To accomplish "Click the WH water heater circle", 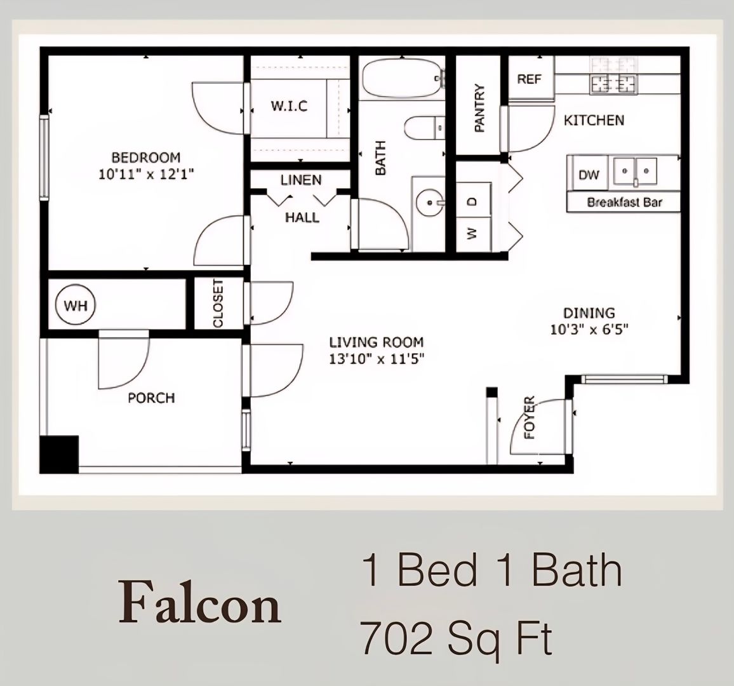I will (76, 306).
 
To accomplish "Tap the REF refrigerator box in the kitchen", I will (529, 79).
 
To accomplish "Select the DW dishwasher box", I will (588, 175).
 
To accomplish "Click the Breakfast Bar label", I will (624, 203).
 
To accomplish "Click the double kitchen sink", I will (636, 171).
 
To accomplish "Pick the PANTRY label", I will (479, 108).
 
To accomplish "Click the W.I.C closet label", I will (289, 106).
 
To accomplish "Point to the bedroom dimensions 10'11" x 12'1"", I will (146, 175).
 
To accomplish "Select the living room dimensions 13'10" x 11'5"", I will (376, 359).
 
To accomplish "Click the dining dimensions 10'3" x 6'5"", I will (590, 329).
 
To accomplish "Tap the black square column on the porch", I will (59, 454).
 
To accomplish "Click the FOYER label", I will (530, 418).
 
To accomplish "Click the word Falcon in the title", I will (199, 604).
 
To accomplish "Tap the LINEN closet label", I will (301, 180).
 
